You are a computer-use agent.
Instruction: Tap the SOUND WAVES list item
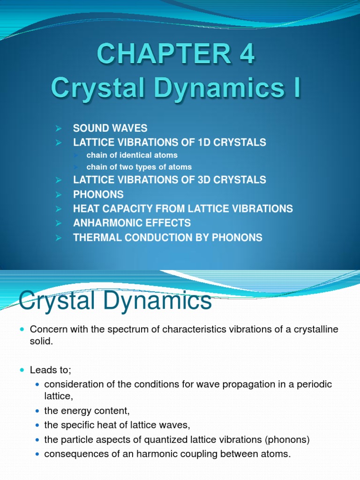[x=110, y=128]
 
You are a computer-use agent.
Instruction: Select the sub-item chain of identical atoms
[x=132, y=155]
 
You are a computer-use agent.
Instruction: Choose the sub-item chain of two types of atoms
[x=139, y=167]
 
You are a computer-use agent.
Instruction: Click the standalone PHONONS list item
[x=98, y=194]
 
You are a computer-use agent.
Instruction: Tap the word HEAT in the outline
[x=85, y=209]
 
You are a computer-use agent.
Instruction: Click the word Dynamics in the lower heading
[x=155, y=300]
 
